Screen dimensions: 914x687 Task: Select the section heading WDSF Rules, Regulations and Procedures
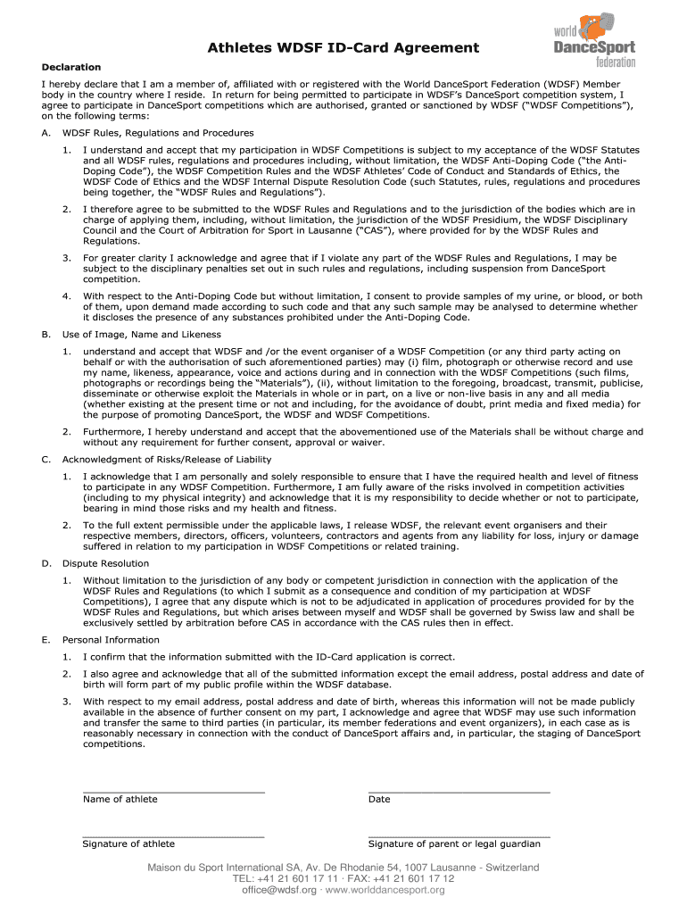[145, 132]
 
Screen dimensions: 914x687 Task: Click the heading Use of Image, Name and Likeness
[129, 334]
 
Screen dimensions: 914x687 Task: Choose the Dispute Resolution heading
[105, 563]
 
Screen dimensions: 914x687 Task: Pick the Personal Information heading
[111, 640]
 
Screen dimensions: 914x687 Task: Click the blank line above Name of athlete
[174, 791]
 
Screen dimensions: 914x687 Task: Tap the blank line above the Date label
[459, 791]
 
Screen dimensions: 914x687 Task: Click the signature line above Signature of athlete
[174, 835]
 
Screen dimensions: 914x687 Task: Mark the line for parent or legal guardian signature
[459, 835]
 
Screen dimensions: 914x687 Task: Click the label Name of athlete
[120, 800]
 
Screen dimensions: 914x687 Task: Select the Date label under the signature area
[379, 800]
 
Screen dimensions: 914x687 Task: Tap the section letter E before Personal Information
[46, 640]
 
